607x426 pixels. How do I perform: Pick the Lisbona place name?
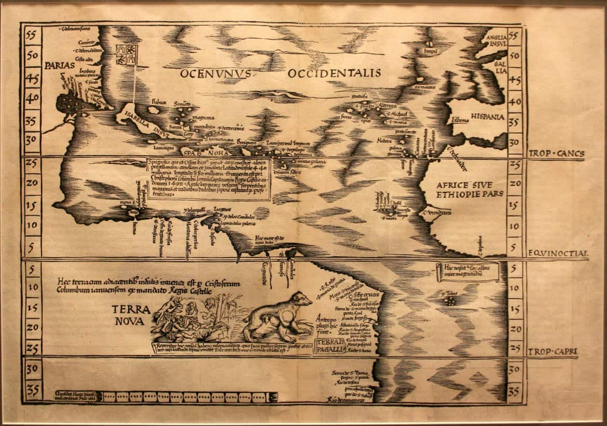tap(460, 120)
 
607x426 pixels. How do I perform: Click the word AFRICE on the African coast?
tap(457, 185)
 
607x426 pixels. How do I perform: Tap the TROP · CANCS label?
tap(556, 154)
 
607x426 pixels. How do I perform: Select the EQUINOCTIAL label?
tap(558, 254)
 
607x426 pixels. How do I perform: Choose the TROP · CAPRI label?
tap(554, 352)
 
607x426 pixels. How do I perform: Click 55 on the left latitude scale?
tap(33, 35)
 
